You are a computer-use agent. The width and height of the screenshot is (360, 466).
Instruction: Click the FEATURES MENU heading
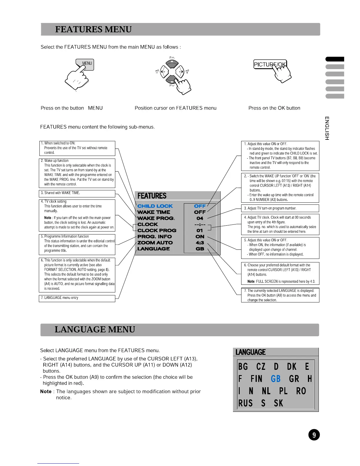click(x=93, y=29)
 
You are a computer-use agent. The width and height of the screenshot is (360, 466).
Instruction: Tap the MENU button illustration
click(x=86, y=64)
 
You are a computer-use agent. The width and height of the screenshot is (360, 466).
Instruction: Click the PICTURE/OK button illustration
click(x=270, y=64)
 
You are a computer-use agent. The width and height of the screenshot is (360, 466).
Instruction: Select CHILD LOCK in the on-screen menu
click(x=155, y=206)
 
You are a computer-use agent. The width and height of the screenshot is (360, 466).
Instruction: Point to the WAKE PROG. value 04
click(x=200, y=218)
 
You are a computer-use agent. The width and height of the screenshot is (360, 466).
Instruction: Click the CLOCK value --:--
click(x=200, y=224)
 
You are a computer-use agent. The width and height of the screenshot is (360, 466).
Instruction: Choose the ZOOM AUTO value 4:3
click(x=200, y=243)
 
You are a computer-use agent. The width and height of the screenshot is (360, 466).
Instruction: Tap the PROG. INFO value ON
click(x=200, y=237)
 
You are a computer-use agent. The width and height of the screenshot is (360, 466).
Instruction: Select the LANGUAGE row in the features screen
click(x=154, y=249)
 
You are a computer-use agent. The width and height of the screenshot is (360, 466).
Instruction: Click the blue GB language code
click(x=276, y=379)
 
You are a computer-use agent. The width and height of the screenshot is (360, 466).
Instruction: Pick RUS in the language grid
click(x=245, y=403)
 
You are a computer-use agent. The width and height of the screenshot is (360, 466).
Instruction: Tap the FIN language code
click(x=256, y=379)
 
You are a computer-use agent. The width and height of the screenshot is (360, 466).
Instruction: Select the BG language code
click(x=243, y=367)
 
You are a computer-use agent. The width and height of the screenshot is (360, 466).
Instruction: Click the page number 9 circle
click(x=314, y=435)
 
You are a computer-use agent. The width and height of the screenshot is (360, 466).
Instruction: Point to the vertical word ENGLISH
click(x=327, y=128)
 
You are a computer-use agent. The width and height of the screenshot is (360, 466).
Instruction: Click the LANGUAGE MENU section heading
click(x=95, y=329)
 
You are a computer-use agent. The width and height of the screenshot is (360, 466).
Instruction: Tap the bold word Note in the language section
click(x=46, y=392)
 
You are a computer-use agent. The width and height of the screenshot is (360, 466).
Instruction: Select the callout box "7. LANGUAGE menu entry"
click(x=77, y=298)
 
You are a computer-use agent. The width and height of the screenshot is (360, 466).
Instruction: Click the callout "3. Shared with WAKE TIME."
click(x=77, y=193)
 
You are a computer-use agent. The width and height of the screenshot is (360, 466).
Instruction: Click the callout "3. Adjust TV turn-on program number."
click(x=280, y=208)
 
